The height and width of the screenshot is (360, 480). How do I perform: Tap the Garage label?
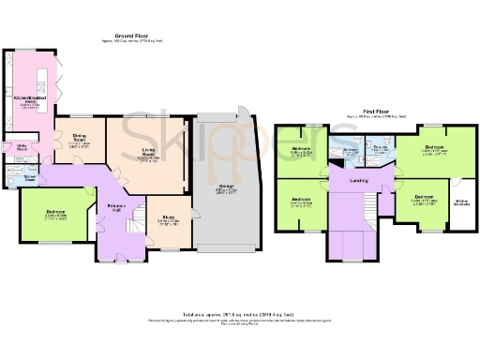[x=226, y=187]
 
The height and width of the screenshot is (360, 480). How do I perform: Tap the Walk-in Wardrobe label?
[x=462, y=203]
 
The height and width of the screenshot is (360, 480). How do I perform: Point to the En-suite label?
[x=380, y=148]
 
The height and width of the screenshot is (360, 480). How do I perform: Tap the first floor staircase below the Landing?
[x=352, y=239]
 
